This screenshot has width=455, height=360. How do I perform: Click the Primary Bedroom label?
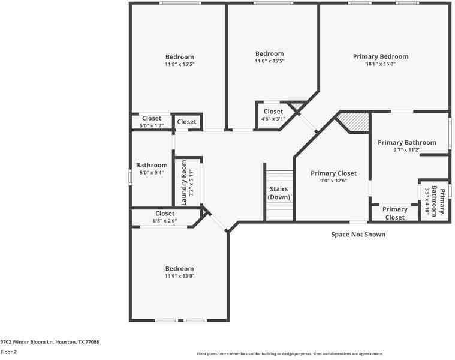tap(380, 56)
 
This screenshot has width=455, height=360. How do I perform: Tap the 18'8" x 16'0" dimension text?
tap(380, 64)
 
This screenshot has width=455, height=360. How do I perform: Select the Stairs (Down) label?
tap(279, 193)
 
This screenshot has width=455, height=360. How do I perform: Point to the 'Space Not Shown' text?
tap(358, 235)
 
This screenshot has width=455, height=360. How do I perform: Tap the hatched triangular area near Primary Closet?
tap(354, 122)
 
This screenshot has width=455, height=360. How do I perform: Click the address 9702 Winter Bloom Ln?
tap(50, 342)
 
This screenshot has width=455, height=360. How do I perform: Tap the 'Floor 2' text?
tap(9, 352)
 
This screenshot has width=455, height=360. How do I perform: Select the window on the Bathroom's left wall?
tap(130, 178)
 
